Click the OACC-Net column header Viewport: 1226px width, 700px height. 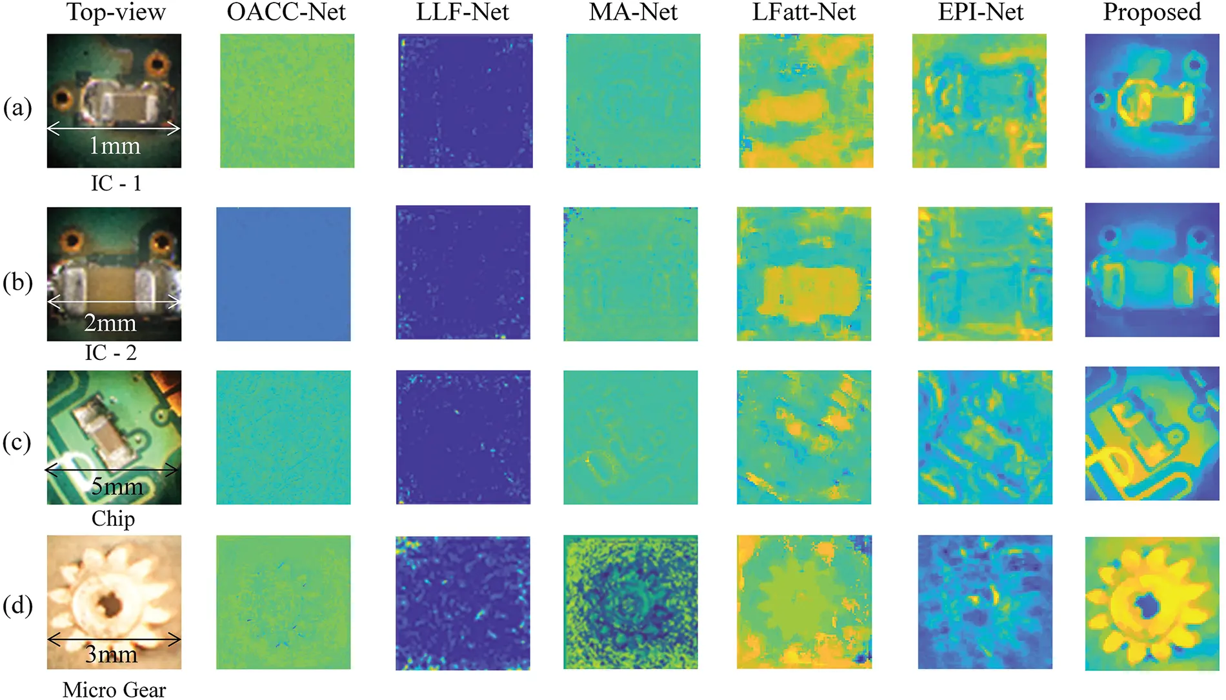pos(286,12)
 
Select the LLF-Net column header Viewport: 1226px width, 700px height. pos(463,12)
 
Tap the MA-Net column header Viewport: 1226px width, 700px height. pos(633,12)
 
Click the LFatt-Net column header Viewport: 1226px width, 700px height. pos(804,12)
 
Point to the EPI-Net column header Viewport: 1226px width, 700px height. pos(980,12)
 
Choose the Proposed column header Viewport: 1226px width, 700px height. pos(1152,12)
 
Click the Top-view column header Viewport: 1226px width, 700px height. pos(116,12)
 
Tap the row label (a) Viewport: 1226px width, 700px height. pos(17,108)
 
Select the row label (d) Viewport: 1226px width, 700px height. pos(17,605)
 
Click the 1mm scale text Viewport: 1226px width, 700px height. pos(114,146)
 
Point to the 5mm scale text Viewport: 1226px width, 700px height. pos(117,486)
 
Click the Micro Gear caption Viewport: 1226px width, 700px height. pos(114,689)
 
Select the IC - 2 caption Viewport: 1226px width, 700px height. pos(111,352)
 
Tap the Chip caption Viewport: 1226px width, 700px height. pos(113,518)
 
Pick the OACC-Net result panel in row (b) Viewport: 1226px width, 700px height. pos(283,274)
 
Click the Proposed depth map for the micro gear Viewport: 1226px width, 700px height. pos(1152,603)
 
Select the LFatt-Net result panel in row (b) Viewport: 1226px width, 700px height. pos(804,274)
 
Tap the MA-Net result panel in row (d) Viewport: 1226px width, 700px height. pos(630,602)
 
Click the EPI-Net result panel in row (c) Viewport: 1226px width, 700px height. pos(985,437)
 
